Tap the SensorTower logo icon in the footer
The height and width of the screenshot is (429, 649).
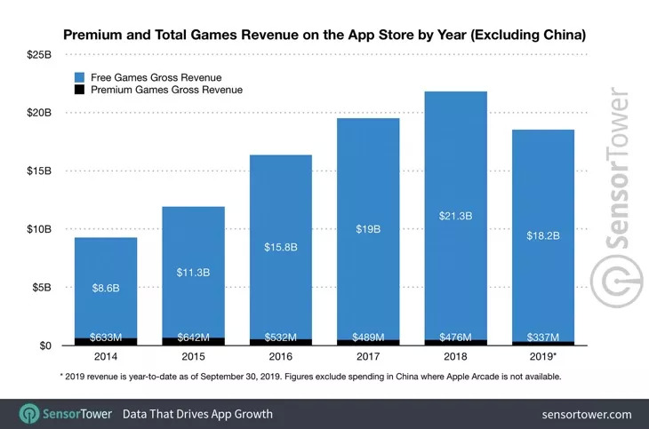[x=28, y=414]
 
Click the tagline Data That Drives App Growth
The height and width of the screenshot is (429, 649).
[x=197, y=414]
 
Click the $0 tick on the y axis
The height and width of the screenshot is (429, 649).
[x=41, y=346]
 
